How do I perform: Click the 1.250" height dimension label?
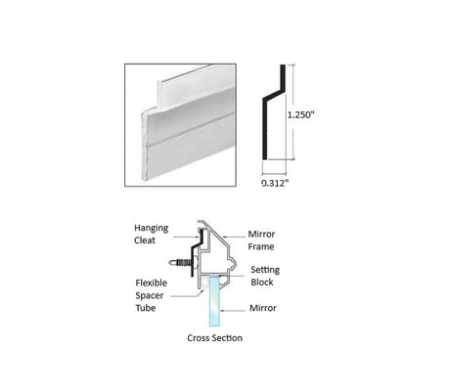(x=300, y=114)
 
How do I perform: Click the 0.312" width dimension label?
(x=275, y=183)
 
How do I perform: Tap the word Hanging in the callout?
(x=152, y=228)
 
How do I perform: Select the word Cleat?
(x=145, y=240)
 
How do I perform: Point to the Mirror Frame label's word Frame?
(x=261, y=246)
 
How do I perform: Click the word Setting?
(x=265, y=270)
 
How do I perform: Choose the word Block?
(x=262, y=283)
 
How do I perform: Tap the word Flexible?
(x=152, y=283)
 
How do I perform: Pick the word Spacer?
(x=150, y=296)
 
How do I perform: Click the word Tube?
(x=146, y=308)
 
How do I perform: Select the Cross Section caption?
(x=214, y=338)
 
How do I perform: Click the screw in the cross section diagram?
(x=184, y=262)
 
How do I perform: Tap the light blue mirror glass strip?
(x=215, y=300)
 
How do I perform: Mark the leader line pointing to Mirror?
(x=233, y=311)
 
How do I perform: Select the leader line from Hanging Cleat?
(x=185, y=237)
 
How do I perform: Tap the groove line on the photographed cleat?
(x=191, y=129)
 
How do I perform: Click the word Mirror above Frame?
(x=261, y=234)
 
